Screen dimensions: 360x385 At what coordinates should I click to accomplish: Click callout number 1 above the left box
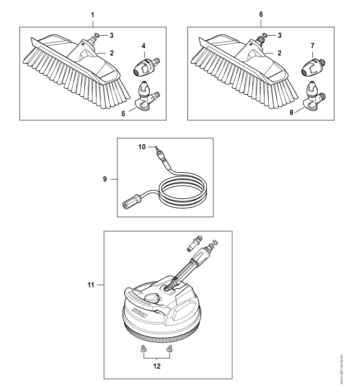pos(92,15)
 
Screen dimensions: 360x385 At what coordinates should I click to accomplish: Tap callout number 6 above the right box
pos(261,15)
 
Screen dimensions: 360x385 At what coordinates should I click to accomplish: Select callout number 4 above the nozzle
pos(143,46)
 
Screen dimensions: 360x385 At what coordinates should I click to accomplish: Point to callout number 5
pos(123,114)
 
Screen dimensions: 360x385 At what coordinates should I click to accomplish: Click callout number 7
pos(312,46)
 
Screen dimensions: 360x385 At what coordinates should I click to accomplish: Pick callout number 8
pos(292,112)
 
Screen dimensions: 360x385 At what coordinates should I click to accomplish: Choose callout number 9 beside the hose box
pos(105,179)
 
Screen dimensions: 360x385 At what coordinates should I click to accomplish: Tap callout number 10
pos(142,147)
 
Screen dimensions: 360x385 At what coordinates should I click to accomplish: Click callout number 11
pos(91,285)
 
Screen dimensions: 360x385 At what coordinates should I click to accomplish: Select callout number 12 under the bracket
pos(157,367)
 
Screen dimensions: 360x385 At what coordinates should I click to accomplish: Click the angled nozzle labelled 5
pos(147,96)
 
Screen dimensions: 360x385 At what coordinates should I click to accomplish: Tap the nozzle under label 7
pos(314,67)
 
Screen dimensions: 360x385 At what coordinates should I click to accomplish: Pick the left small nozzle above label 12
pos(143,349)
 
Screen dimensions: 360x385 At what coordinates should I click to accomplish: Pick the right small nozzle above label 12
pos(169,349)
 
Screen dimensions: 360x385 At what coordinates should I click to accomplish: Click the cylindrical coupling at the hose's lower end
pos(132,202)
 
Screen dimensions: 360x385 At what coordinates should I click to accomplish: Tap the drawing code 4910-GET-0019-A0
pos(342,370)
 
